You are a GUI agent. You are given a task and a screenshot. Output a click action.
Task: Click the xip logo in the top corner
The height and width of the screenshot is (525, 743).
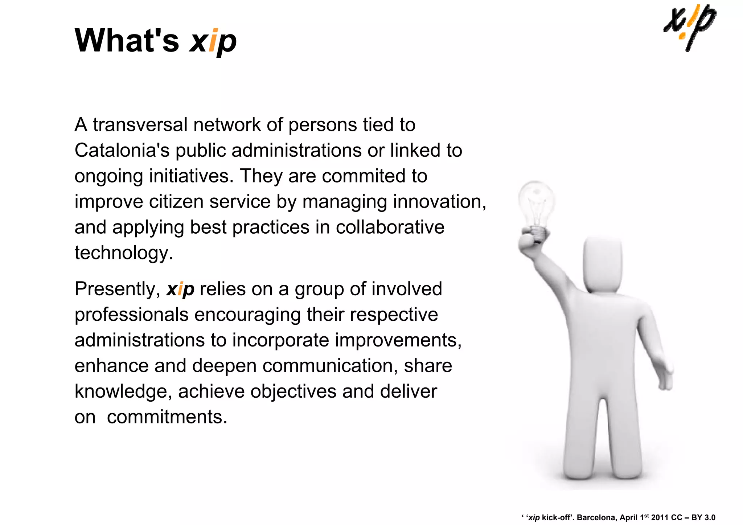click(690, 27)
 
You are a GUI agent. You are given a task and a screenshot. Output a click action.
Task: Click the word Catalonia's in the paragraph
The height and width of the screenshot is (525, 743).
click(122, 150)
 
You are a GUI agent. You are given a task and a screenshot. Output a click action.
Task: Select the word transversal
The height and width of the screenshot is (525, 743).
click(140, 125)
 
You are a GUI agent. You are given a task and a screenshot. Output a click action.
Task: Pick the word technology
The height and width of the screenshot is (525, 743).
click(123, 253)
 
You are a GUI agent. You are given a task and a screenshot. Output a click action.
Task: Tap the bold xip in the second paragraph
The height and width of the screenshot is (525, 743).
click(180, 290)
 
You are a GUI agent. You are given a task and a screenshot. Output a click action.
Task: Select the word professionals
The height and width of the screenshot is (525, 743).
click(131, 315)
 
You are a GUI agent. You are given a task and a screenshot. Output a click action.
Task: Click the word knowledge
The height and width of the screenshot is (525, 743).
click(123, 391)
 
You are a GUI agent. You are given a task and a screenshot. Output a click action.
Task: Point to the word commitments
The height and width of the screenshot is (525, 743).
click(167, 417)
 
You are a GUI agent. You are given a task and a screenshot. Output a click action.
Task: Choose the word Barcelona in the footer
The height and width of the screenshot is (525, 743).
click(596, 517)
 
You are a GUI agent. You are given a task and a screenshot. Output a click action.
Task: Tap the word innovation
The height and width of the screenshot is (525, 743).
click(439, 202)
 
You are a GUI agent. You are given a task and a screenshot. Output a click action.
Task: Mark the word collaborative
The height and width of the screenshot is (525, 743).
click(390, 227)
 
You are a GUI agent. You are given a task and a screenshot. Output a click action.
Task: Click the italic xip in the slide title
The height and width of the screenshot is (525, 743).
click(213, 41)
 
